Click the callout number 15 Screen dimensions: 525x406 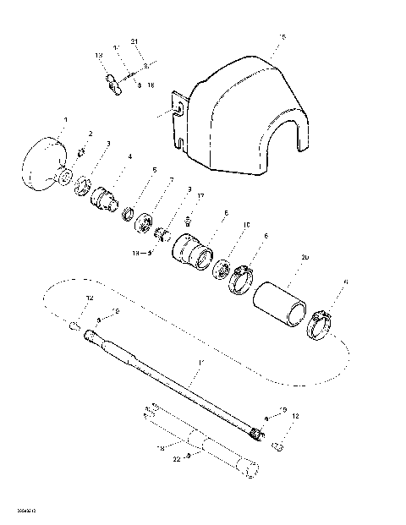283,38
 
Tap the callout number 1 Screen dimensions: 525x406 65,121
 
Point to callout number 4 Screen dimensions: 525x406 129,156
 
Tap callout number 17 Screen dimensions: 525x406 200,196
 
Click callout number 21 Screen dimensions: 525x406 134,41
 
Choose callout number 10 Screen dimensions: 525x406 246,225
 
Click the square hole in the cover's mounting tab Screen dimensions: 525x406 178,108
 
